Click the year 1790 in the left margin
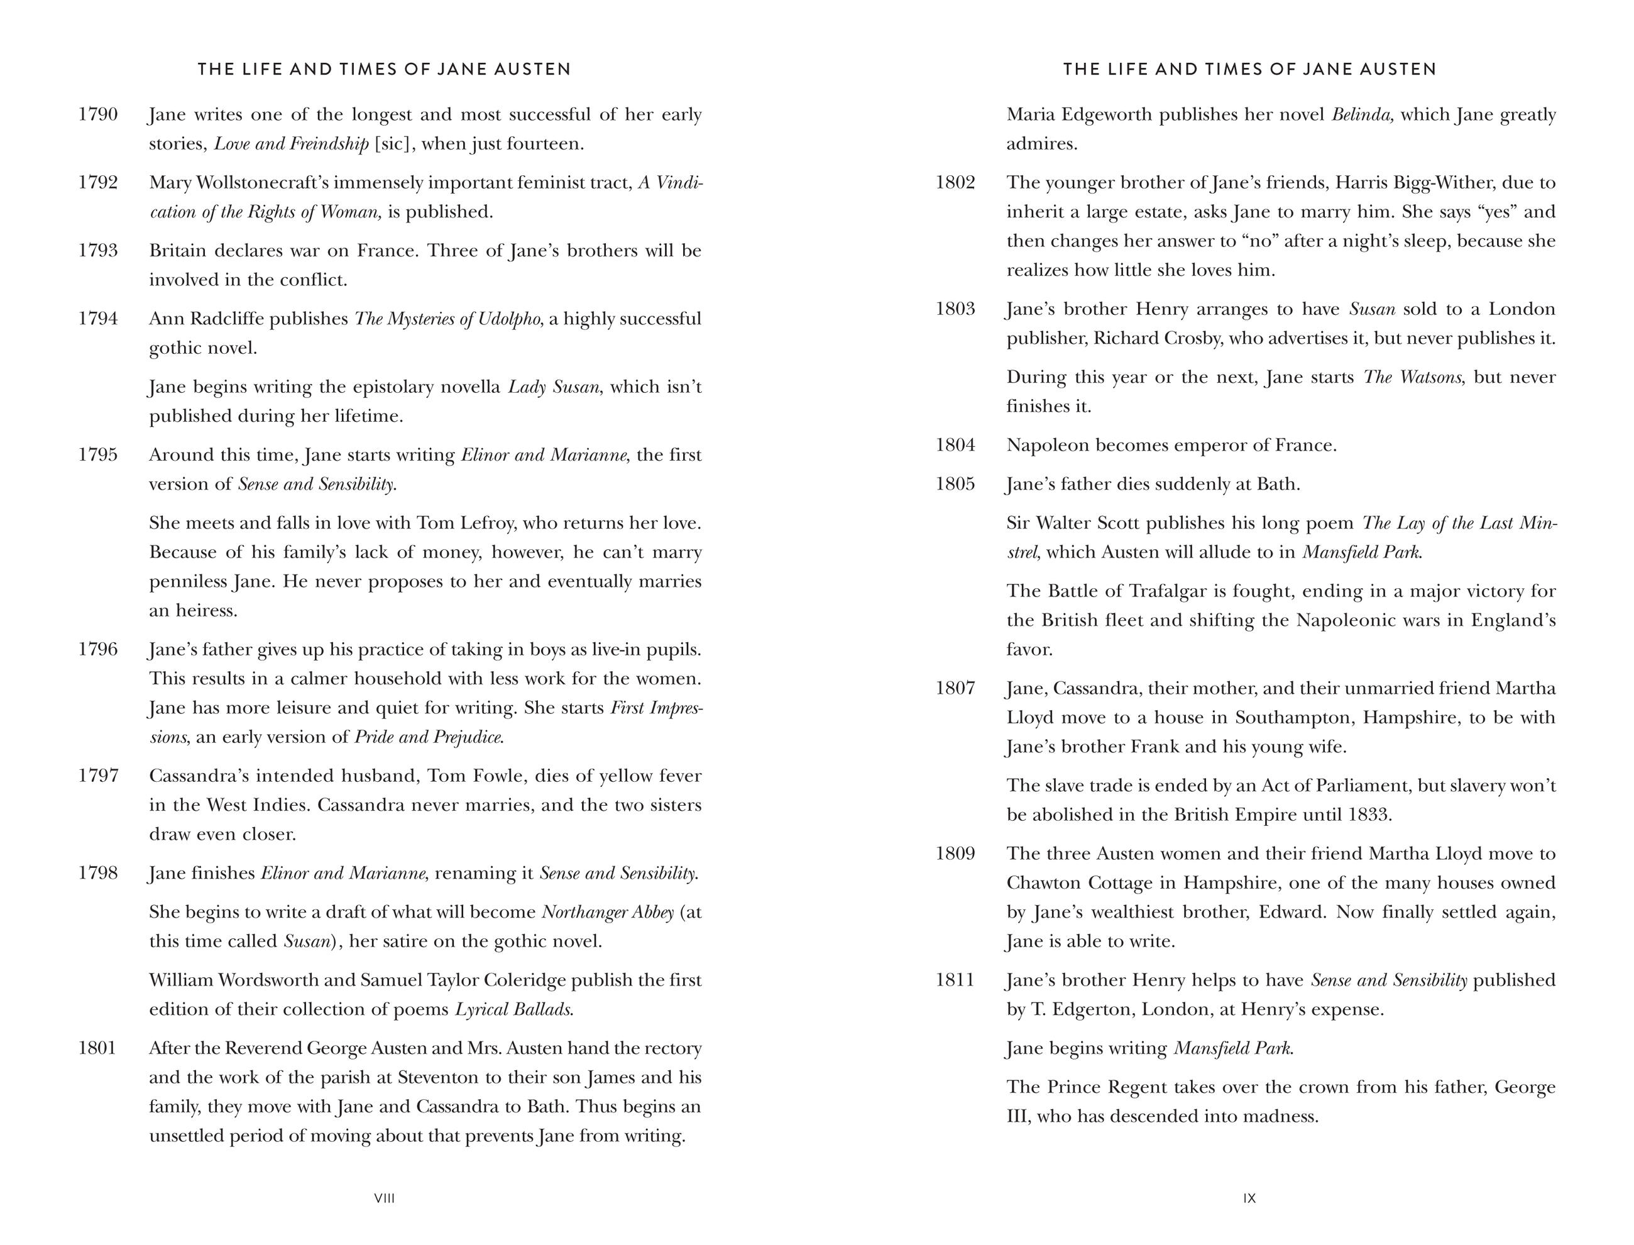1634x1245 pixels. [98, 115]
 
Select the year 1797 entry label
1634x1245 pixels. [98, 776]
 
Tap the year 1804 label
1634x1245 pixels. [955, 446]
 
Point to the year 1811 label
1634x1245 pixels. [955, 980]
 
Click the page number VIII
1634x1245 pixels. [385, 1198]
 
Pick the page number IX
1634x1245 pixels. [1249, 1198]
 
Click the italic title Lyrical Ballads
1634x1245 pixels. [513, 1009]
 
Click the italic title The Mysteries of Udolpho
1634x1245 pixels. [447, 319]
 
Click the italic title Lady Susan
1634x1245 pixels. [554, 387]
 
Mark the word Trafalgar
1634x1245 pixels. [1166, 591]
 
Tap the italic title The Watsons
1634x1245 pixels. [1412, 377]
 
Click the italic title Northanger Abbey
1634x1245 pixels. [608, 913]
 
